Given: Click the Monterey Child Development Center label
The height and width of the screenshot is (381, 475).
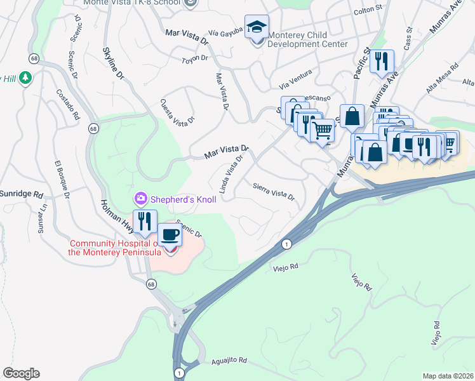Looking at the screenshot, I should point(307,39).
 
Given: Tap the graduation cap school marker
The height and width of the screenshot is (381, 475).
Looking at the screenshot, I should point(257,28).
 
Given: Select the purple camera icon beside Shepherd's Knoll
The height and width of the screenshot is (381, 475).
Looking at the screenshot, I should point(140,199).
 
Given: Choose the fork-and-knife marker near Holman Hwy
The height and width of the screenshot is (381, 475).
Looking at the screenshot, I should point(144,221).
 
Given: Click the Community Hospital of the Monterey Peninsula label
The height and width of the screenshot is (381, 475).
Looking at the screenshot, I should point(114,248).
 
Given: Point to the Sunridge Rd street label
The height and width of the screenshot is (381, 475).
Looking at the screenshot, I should point(21,193).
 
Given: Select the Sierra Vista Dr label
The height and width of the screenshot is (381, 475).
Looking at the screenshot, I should point(274,191).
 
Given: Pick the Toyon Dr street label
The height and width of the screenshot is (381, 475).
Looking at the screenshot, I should point(195,58).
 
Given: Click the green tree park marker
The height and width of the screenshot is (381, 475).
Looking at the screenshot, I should point(25,77).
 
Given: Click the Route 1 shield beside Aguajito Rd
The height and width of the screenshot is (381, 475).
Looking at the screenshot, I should point(180,373).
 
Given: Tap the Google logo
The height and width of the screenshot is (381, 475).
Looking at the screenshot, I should point(21,373).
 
